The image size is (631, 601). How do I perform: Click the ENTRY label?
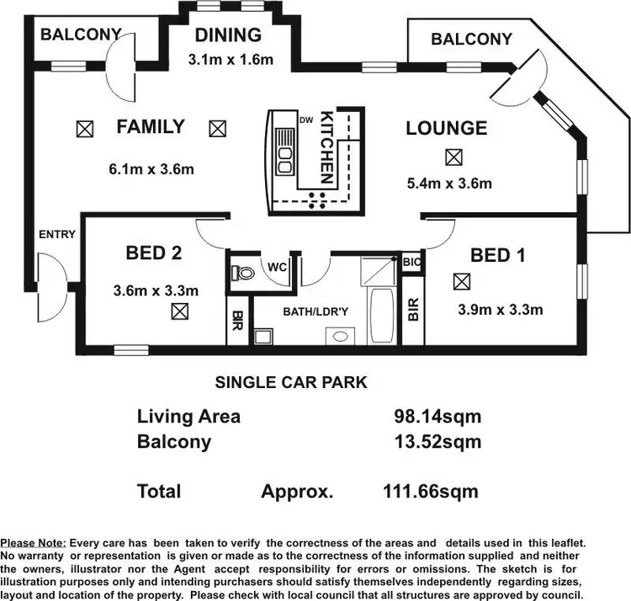click(56, 235)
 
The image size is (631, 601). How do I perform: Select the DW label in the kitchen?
click(306, 120)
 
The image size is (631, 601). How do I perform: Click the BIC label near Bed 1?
click(412, 262)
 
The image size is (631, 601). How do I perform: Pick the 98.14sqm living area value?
click(437, 416)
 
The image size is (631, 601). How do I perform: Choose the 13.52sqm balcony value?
click(437, 441)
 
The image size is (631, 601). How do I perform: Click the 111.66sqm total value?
click(431, 492)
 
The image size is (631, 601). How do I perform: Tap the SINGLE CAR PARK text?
click(291, 382)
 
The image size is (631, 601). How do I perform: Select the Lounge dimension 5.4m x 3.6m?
click(449, 183)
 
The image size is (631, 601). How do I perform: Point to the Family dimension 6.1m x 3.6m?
click(151, 169)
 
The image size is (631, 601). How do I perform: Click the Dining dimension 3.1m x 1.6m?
click(230, 59)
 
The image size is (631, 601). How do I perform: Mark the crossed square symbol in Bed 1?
click(460, 281)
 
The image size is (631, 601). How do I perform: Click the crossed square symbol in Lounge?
click(453, 157)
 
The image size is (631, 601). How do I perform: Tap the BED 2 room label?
click(153, 252)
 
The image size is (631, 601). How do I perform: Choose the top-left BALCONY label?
click(81, 35)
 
